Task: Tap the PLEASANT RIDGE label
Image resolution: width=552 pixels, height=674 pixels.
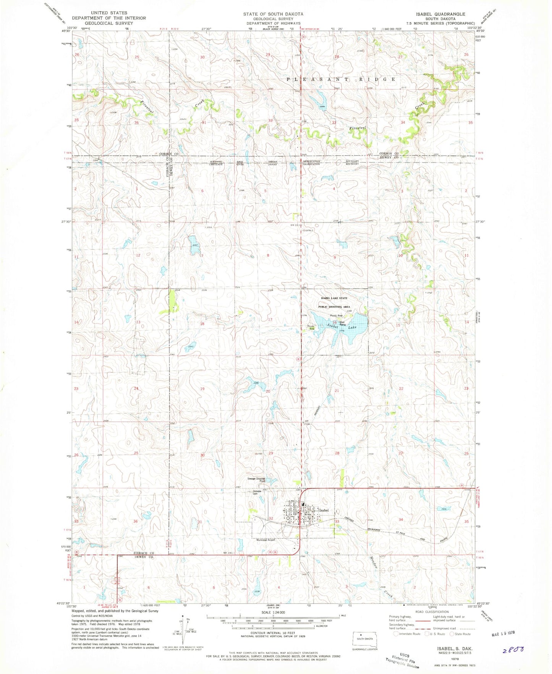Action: click(x=341, y=79)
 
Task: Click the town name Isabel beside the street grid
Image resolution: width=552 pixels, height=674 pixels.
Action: click(x=324, y=510)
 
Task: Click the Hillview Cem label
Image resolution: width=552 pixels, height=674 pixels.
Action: click(x=256, y=492)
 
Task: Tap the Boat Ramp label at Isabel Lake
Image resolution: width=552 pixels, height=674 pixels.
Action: click(x=342, y=323)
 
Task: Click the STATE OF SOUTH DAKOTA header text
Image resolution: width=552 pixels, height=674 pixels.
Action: click(x=273, y=14)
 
